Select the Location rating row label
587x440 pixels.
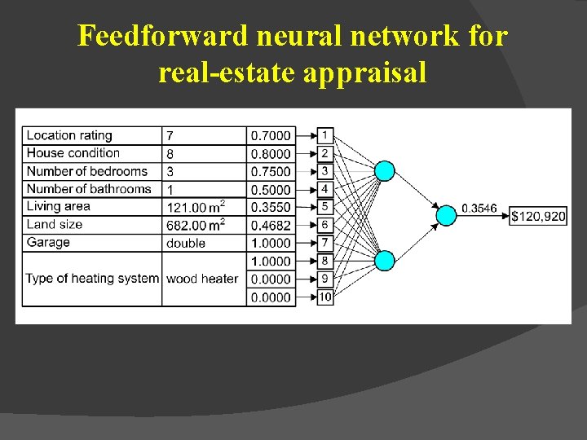(x=69, y=135)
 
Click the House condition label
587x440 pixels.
(x=73, y=153)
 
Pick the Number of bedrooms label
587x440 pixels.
(x=86, y=171)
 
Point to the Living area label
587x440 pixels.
(x=58, y=207)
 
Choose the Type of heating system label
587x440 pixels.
(x=92, y=279)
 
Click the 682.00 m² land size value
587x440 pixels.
(x=196, y=225)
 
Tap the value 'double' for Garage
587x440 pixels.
(x=186, y=243)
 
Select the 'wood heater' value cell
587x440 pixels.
(x=202, y=279)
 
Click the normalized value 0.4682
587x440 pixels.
(x=271, y=225)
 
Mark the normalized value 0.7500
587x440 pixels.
(x=271, y=171)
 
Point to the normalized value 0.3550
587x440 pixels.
(x=271, y=207)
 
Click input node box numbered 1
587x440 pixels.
(x=324, y=134)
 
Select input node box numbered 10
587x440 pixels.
(x=324, y=297)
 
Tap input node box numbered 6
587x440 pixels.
(x=324, y=224)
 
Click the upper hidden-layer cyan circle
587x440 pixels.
(x=385, y=170)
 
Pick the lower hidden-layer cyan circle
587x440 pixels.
(x=385, y=260)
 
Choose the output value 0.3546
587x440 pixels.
(x=479, y=209)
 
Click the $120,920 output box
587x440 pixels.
(x=538, y=217)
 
